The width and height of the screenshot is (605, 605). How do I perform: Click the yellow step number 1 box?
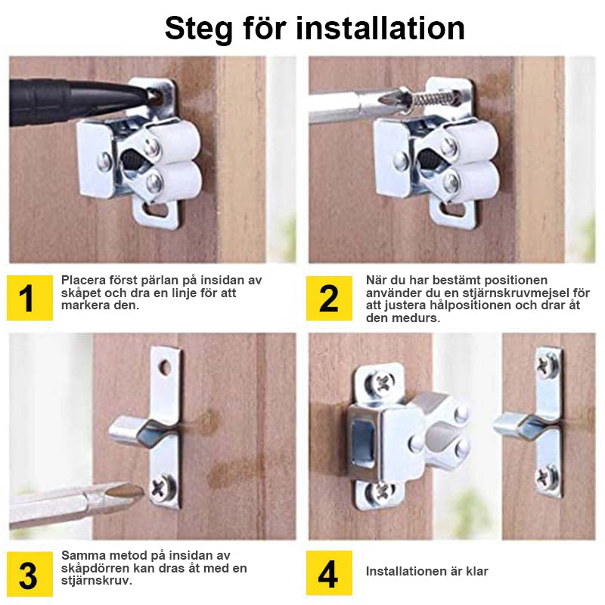[29, 297]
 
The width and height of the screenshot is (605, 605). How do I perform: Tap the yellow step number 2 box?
[329, 298]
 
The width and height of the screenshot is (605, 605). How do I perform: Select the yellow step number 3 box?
[29, 574]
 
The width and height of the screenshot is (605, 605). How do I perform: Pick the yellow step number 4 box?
[329, 573]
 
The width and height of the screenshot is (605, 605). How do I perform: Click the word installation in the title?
[380, 28]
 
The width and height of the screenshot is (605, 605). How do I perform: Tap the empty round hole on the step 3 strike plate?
[165, 368]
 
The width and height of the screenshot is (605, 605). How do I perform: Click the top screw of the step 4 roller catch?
[381, 384]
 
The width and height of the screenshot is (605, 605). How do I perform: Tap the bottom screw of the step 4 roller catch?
[380, 492]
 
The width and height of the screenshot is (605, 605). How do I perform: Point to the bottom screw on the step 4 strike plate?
[547, 478]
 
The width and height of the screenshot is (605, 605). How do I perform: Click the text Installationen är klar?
[427, 571]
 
